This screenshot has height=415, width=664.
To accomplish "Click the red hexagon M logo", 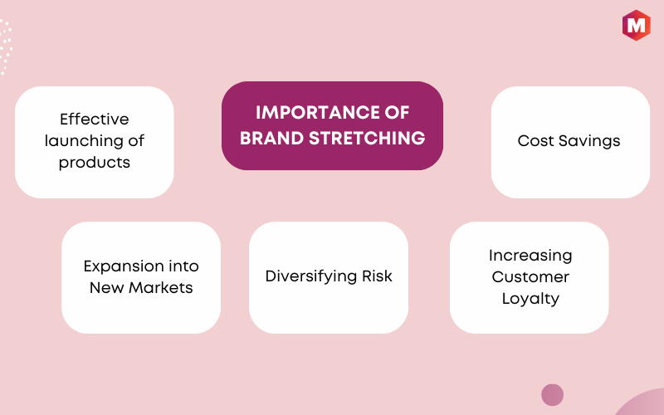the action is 636,26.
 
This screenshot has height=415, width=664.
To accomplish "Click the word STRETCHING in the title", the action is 367,139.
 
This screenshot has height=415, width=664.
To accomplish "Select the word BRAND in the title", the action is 272,139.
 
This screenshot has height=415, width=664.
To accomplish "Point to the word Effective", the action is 95,119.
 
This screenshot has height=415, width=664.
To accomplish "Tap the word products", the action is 95,163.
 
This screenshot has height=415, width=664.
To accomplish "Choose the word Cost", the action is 535,140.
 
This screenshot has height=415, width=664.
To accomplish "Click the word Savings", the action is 589,141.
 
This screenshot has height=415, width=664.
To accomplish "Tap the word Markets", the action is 161,288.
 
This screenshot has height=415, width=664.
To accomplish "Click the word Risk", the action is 377,276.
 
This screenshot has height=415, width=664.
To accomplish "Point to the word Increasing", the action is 530,256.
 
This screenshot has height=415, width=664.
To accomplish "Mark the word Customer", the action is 530,277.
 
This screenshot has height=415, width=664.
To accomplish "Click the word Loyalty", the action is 530,299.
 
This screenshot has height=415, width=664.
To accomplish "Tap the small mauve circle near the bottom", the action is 552,395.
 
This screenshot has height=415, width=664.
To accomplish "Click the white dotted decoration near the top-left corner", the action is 5,46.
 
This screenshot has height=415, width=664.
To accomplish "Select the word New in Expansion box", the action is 107,288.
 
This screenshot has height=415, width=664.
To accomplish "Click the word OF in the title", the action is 398,113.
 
